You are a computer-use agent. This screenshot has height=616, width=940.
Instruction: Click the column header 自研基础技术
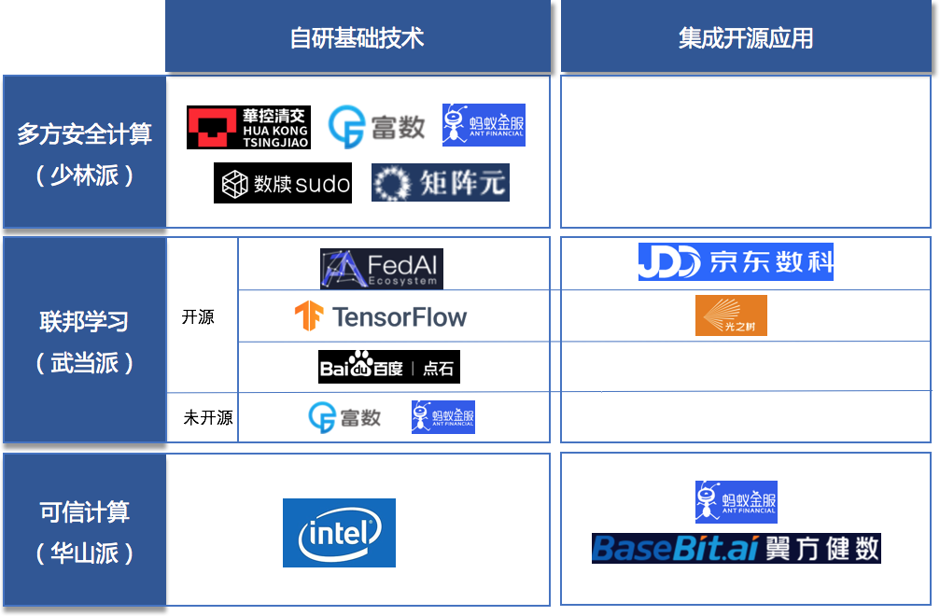pyautogui.click(x=357, y=37)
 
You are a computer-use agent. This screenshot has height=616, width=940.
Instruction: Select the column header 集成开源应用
pyautogui.click(x=745, y=37)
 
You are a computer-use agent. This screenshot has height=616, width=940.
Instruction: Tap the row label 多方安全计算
pyautogui.click(x=84, y=134)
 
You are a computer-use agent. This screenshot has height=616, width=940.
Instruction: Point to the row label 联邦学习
pyautogui.click(x=84, y=322)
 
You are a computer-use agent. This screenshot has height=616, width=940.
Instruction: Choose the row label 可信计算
pyautogui.click(x=84, y=512)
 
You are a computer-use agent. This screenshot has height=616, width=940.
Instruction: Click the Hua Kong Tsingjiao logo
pyautogui.click(x=247, y=128)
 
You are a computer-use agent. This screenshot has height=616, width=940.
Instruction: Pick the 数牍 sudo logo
pyautogui.click(x=286, y=184)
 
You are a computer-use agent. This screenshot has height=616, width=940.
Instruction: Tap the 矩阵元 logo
pyautogui.click(x=441, y=183)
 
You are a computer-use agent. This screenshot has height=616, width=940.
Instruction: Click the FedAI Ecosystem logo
pyautogui.click(x=381, y=268)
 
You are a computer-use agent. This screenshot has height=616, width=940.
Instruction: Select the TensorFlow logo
pyautogui.click(x=381, y=317)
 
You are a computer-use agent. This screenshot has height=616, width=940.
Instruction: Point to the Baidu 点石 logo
pyautogui.click(x=386, y=368)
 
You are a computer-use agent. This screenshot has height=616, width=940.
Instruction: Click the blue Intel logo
pyautogui.click(x=339, y=533)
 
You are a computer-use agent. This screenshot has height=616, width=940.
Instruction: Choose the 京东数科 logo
pyautogui.click(x=736, y=262)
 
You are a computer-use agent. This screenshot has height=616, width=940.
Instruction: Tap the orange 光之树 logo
pyautogui.click(x=731, y=315)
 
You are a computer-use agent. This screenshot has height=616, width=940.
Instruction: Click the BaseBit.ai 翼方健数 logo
pyautogui.click(x=736, y=548)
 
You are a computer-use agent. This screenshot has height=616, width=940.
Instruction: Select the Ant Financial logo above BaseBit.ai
pyautogui.click(x=736, y=502)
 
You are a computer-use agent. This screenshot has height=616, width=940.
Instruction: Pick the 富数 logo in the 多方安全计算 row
pyautogui.click(x=376, y=126)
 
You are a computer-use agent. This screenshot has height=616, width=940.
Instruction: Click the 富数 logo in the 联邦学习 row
pyautogui.click(x=344, y=417)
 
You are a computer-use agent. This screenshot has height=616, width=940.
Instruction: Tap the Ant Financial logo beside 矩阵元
pyautogui.click(x=484, y=125)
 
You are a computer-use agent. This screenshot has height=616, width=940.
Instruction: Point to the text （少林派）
pyautogui.click(x=84, y=175)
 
